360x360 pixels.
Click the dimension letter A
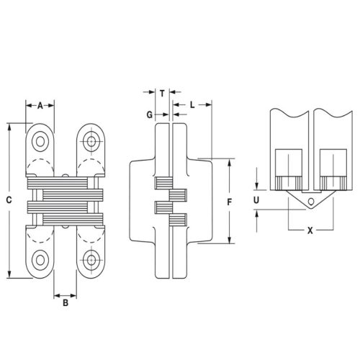click(x=40, y=105)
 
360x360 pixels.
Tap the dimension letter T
click(x=163, y=93)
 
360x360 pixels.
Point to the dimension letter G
click(x=149, y=115)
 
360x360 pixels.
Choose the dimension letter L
click(x=194, y=105)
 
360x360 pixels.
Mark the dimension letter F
click(x=229, y=203)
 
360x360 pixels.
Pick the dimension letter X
click(x=310, y=232)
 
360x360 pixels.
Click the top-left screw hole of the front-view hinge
click(x=40, y=139)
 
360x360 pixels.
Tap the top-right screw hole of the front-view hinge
click(x=91, y=139)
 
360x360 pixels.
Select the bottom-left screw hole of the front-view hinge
click(x=40, y=259)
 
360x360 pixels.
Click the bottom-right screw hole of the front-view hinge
click(x=91, y=259)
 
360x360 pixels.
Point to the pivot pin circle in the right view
click(x=310, y=201)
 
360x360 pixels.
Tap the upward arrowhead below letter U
click(x=258, y=211)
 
